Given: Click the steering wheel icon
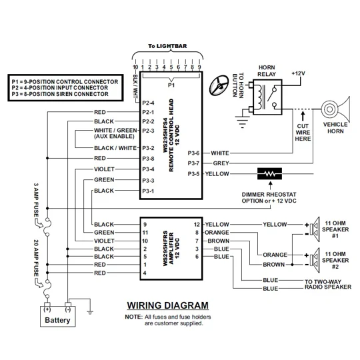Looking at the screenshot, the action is point(219,85).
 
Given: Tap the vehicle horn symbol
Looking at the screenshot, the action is point(335,109).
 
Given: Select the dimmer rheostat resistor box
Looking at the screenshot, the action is point(269,174).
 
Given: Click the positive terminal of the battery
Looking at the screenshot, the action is point(47,305).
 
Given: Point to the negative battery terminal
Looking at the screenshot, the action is point(68,305).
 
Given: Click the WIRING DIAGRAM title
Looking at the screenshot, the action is point(168,305).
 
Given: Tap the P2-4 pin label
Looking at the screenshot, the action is point(148,103).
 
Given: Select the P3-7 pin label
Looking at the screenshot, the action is point(193,163).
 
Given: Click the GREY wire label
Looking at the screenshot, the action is point(221,163).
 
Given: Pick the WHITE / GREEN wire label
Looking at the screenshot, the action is point(115,131).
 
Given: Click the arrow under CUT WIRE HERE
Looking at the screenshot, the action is point(303,116).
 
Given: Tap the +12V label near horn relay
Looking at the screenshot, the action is point(298,73).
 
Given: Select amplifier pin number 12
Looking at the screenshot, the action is point(197,225).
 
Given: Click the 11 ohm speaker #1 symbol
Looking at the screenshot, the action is point(315,229).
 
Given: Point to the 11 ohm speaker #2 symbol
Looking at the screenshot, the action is point(315,260).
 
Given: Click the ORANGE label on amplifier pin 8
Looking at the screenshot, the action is point(217,233).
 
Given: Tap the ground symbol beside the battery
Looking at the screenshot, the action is point(90,313).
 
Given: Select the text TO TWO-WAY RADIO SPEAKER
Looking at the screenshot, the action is point(328,284).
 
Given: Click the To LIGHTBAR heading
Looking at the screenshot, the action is point(167,46).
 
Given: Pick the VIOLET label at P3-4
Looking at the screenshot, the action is point(104,169).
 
